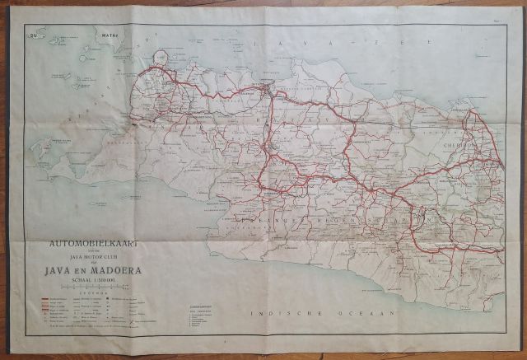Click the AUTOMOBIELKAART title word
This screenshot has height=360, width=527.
[88, 245]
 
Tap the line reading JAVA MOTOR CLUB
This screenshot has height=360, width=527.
[88, 255]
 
